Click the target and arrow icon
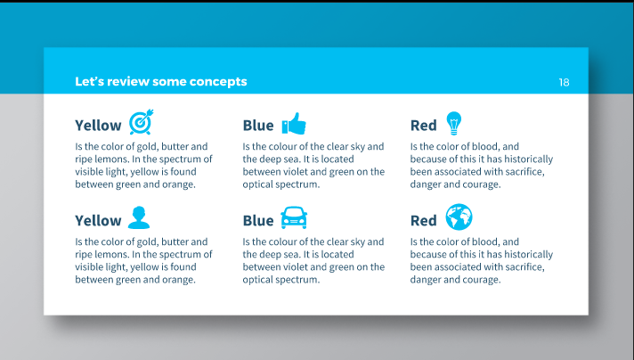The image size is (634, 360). (141, 123)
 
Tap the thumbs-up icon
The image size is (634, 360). (293, 123)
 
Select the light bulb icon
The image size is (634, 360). (453, 122)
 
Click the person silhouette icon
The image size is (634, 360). (138, 217)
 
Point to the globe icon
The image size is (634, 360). (459, 217)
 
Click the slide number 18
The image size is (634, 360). (564, 83)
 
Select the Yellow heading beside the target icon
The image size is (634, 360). (98, 126)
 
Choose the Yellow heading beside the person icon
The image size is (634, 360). (98, 221)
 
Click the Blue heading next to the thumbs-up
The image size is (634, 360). (258, 126)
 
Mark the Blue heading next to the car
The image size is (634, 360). (258, 221)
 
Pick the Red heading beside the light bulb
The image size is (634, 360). (424, 126)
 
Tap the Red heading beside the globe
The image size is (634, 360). (424, 221)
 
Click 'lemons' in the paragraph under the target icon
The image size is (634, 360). (114, 160)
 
